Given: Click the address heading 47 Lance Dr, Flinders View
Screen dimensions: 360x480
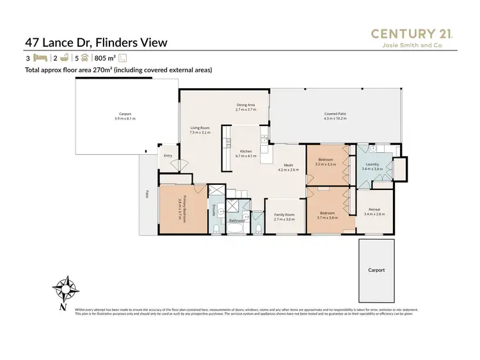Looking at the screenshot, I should coord(96,43).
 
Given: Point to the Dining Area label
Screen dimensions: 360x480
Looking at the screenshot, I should coord(246,107).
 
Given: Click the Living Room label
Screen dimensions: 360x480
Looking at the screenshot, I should coord(200,130).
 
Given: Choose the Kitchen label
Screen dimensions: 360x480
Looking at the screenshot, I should coord(246,153).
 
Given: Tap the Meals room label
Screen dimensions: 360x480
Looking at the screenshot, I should coord(289,167).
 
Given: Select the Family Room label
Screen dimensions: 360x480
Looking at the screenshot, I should coord(284,216).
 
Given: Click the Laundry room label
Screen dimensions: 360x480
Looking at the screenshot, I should coord(372,166).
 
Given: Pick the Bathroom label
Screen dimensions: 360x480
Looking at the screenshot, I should coord(237,221).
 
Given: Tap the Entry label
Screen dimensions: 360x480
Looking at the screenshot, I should coord(168,155).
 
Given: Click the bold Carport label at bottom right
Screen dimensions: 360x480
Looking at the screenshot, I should coord(376,270).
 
